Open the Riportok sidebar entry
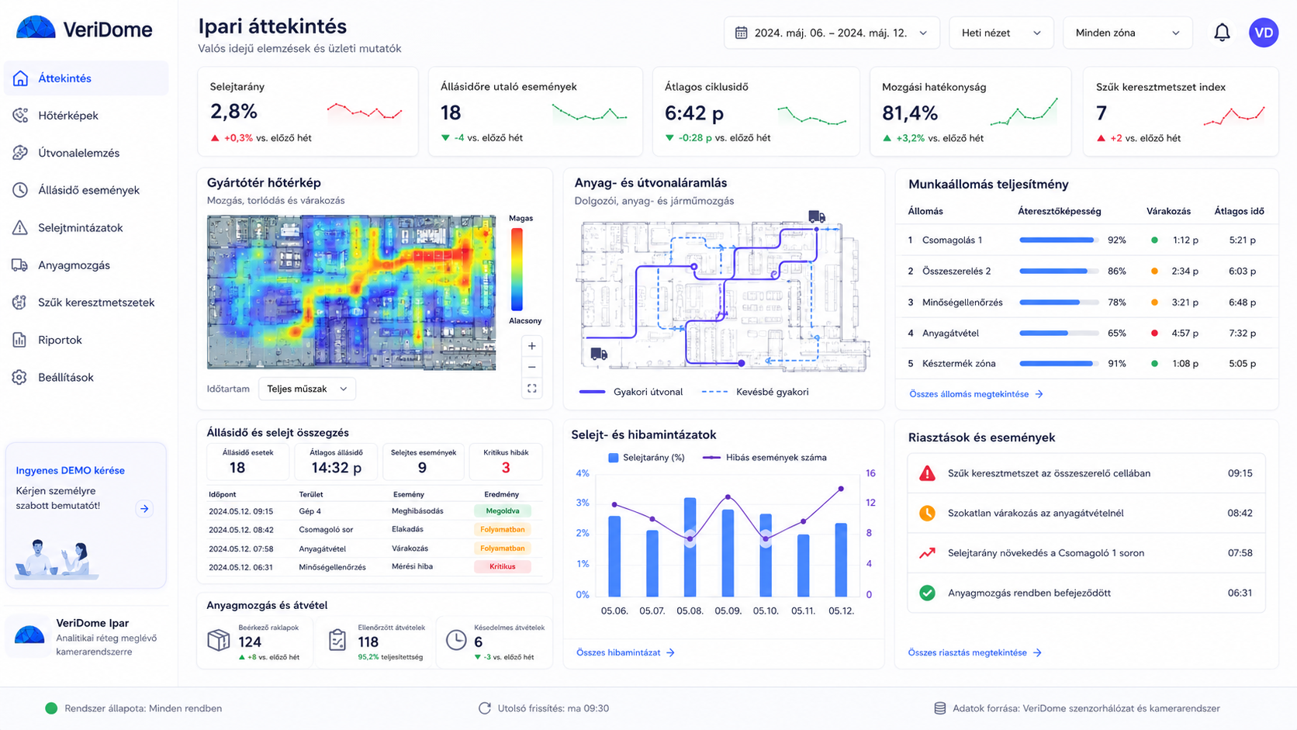click(60, 340)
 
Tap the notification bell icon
click(1222, 33)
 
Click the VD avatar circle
click(1264, 33)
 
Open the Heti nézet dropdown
click(1001, 33)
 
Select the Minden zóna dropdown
click(1127, 33)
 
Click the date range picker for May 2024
click(832, 33)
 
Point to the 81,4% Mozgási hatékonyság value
click(910, 113)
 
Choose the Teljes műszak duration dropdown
click(307, 389)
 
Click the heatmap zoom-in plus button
click(531, 346)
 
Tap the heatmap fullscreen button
click(531, 389)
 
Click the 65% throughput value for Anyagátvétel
click(1116, 333)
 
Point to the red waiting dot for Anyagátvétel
click(1154, 333)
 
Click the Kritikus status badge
click(502, 567)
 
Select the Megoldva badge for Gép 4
click(502, 510)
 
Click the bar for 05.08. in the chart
click(690, 547)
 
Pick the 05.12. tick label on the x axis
click(841, 611)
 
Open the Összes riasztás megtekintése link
click(974, 652)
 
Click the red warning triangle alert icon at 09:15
click(927, 473)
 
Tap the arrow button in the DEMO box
click(144, 509)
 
